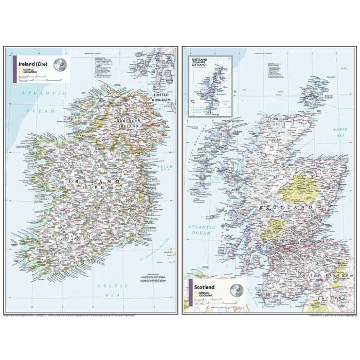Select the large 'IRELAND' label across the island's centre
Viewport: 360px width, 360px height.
[95, 182]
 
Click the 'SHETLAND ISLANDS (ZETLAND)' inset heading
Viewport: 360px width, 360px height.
[198, 63]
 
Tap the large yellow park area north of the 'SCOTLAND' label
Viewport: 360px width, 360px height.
[300, 185]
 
